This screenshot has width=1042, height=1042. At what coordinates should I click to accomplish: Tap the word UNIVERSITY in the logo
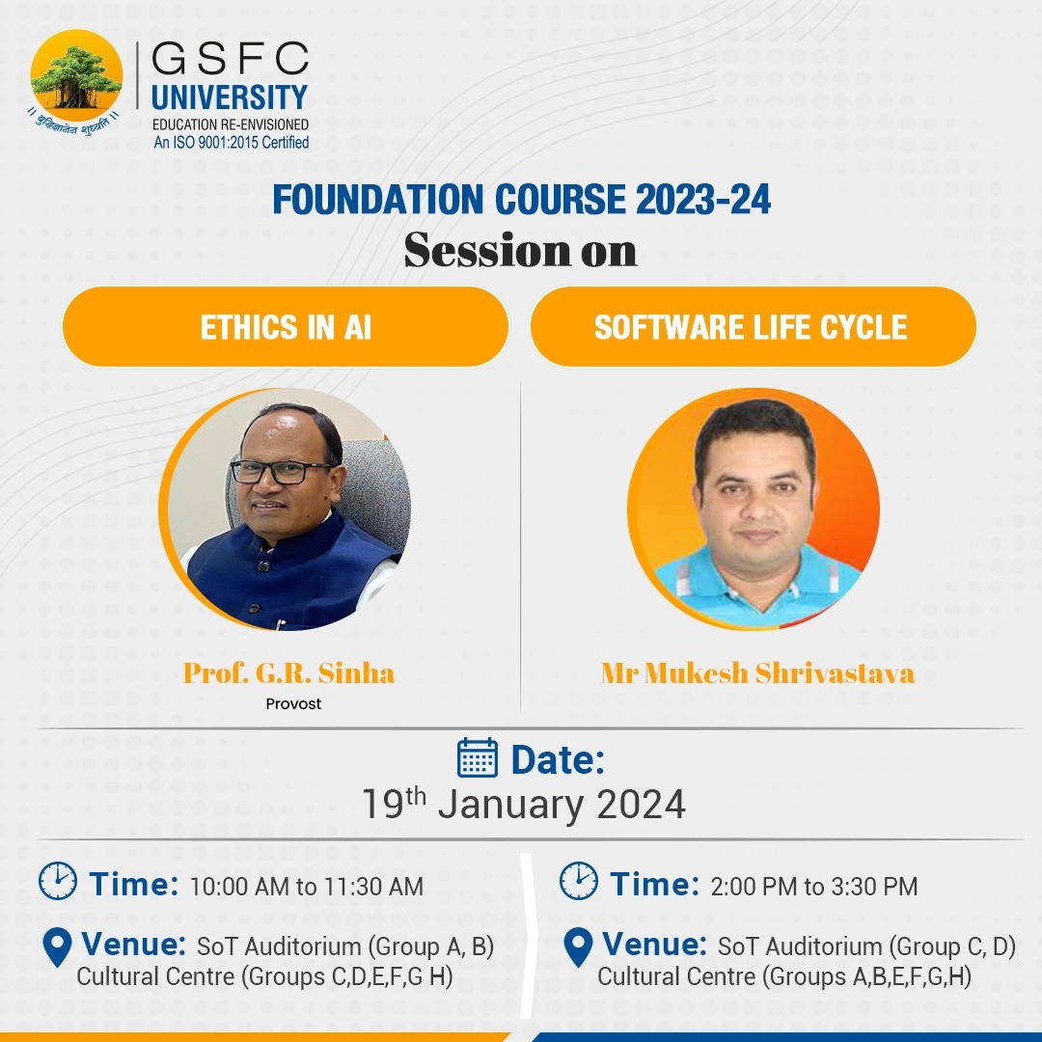click(230, 97)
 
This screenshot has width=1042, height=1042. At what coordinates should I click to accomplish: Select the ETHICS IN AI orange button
click(286, 327)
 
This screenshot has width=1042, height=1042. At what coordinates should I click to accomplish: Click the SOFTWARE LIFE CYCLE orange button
click(752, 327)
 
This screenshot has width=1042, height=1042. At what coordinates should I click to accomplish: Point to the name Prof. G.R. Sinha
click(288, 672)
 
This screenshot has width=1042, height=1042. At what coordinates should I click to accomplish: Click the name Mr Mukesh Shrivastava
click(757, 672)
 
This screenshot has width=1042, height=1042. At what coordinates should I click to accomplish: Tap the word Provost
click(293, 704)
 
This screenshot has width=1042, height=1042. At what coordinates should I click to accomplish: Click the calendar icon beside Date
click(477, 758)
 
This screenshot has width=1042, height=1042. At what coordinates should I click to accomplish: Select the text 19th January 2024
click(523, 804)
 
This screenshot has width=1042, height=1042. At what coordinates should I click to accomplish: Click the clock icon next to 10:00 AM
click(58, 881)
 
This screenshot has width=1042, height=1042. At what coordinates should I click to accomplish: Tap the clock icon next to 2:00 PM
click(579, 881)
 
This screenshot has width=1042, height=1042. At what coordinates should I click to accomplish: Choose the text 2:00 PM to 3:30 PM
click(813, 886)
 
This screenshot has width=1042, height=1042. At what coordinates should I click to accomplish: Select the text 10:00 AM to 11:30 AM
click(306, 886)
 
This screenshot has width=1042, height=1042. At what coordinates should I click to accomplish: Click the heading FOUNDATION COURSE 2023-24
click(521, 200)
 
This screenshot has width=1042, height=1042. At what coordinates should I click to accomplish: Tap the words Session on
click(521, 250)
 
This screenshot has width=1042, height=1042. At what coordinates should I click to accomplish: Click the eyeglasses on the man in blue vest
click(281, 472)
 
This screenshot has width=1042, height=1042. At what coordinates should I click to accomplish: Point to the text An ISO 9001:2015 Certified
click(232, 143)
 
